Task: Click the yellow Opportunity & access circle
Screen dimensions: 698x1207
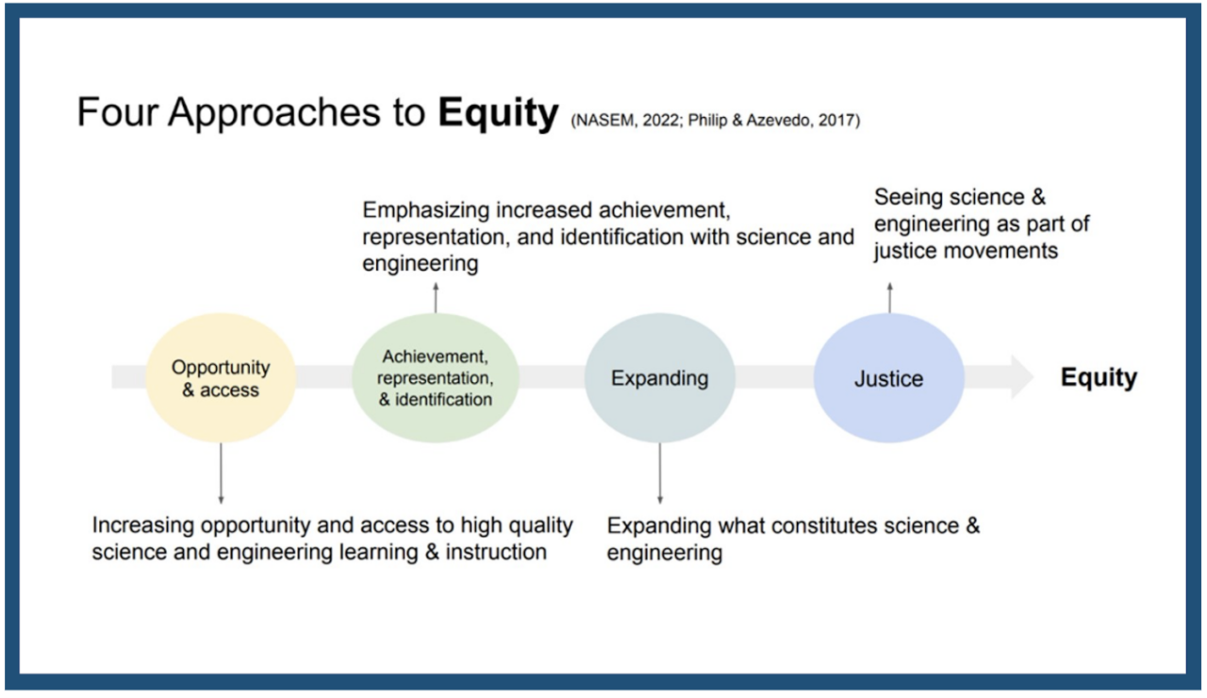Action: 221,378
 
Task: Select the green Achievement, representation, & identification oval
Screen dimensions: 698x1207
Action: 435,378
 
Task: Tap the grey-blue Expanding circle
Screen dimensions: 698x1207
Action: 659,378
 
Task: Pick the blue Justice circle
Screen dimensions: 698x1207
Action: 888,378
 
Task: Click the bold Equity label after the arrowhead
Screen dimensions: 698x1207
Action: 1099,378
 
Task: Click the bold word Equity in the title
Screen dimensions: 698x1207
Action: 498,113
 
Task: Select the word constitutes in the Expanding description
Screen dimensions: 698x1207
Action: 824,525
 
